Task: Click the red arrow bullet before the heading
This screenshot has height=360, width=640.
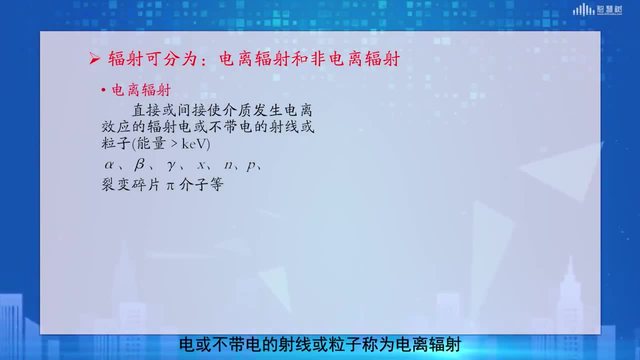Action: tap(94, 59)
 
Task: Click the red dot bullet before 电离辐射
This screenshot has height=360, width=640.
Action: tap(103, 90)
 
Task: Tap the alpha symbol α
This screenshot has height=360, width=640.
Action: tap(109, 165)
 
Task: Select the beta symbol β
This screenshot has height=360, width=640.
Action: tap(139, 165)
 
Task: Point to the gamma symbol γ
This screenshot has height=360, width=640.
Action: tap(171, 165)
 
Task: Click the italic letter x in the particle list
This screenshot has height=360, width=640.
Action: tap(201, 165)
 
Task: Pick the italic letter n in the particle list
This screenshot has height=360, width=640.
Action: tap(228, 165)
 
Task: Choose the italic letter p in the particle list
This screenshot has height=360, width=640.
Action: tap(251, 166)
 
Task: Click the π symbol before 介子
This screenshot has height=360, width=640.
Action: tap(170, 185)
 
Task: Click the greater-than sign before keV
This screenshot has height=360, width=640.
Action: tap(174, 143)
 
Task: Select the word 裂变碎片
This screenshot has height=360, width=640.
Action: tap(130, 184)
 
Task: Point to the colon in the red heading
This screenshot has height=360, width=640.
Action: tap(203, 60)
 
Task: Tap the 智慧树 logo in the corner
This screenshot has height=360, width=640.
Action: tap(597, 9)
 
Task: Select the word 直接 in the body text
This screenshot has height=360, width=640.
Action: tap(146, 110)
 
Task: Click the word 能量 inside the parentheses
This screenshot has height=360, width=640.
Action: tap(151, 143)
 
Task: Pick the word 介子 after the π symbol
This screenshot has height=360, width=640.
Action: tap(193, 184)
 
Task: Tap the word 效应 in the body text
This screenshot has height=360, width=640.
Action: tap(115, 126)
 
